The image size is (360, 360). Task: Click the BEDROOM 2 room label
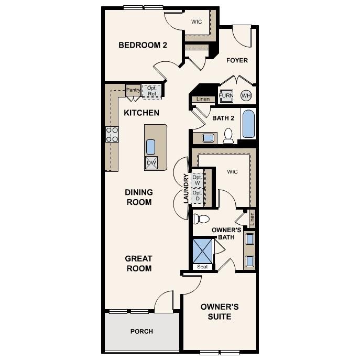[x=143, y=45]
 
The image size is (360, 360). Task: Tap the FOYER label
[x=237, y=60]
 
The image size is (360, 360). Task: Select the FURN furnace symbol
[x=226, y=96]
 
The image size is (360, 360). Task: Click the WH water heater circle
[x=246, y=96]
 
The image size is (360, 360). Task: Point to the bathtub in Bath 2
[x=248, y=124]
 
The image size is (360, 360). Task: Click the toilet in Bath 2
[x=228, y=136]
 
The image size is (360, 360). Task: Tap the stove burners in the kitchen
[x=112, y=135]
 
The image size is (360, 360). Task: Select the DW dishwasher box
[x=151, y=163]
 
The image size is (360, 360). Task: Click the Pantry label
[x=133, y=90]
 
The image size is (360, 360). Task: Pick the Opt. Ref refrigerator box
[x=152, y=91]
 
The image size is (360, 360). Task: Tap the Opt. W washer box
[x=197, y=180]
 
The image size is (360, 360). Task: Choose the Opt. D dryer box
[x=197, y=196]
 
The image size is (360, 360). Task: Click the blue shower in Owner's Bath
[x=203, y=251]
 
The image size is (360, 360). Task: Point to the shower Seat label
[x=203, y=267]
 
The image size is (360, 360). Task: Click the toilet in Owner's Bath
[x=201, y=219]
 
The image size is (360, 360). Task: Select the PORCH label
[x=141, y=331]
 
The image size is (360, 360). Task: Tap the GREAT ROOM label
[x=138, y=264]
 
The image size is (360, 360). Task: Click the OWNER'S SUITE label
[x=220, y=311]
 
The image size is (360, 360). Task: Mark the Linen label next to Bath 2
[x=203, y=99]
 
